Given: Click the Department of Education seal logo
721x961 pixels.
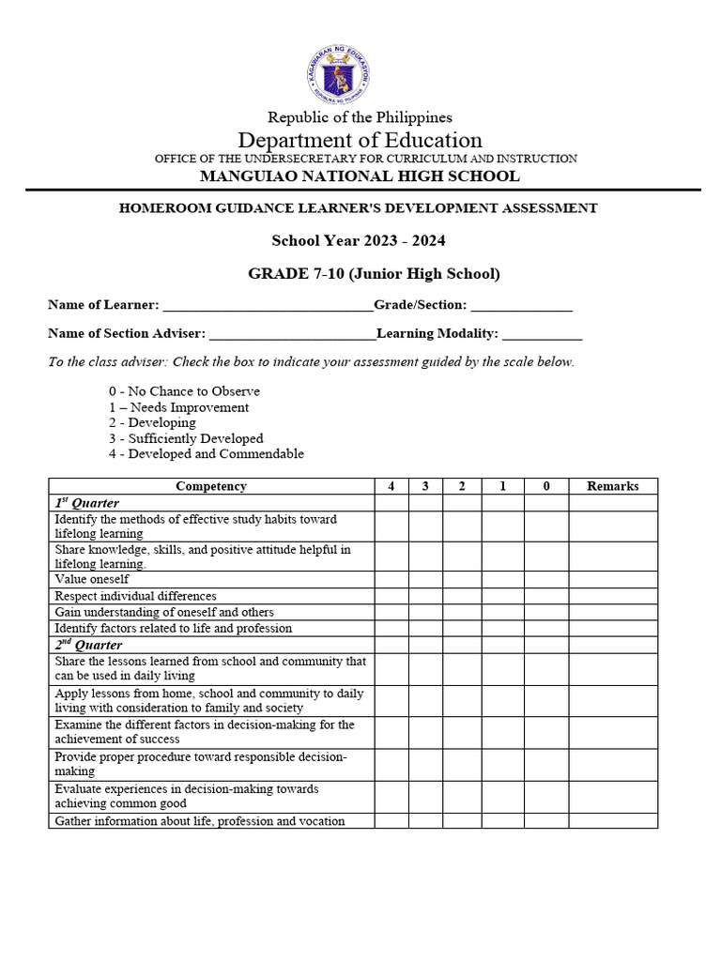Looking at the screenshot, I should pos(337,75).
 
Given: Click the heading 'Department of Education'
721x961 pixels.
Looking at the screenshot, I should pos(360,141).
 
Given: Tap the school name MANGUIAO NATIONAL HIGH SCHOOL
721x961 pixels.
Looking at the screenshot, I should pos(360,176).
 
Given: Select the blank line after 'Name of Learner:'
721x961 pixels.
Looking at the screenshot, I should pos(268,306).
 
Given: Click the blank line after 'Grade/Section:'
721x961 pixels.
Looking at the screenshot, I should pos(521,306).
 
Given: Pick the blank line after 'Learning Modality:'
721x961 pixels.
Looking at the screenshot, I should pos(542,334).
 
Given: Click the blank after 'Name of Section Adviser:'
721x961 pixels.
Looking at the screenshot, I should pos(292,334).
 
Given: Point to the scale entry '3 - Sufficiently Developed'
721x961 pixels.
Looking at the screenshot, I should pos(186,438).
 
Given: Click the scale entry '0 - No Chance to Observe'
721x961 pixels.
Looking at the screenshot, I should pos(184,391).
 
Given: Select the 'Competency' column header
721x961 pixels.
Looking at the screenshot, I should pos(211,486).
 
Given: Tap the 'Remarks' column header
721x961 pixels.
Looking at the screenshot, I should pos(612,486).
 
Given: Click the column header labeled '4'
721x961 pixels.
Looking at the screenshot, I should pos(391,486).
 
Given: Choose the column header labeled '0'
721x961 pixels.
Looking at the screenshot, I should pos(545,486).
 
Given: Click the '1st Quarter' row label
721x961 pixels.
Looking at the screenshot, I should pos(86,503).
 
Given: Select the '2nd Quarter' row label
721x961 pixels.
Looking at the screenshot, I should pos(88,646).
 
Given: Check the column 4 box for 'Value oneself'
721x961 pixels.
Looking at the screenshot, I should pos(391,580).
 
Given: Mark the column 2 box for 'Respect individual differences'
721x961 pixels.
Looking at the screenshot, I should pos(462,596).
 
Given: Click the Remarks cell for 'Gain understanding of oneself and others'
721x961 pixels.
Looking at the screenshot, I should pos(612,612).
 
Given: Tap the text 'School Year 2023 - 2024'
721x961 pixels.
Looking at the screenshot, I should pos(359,240).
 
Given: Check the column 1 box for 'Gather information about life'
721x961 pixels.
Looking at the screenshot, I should pos(502,821).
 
